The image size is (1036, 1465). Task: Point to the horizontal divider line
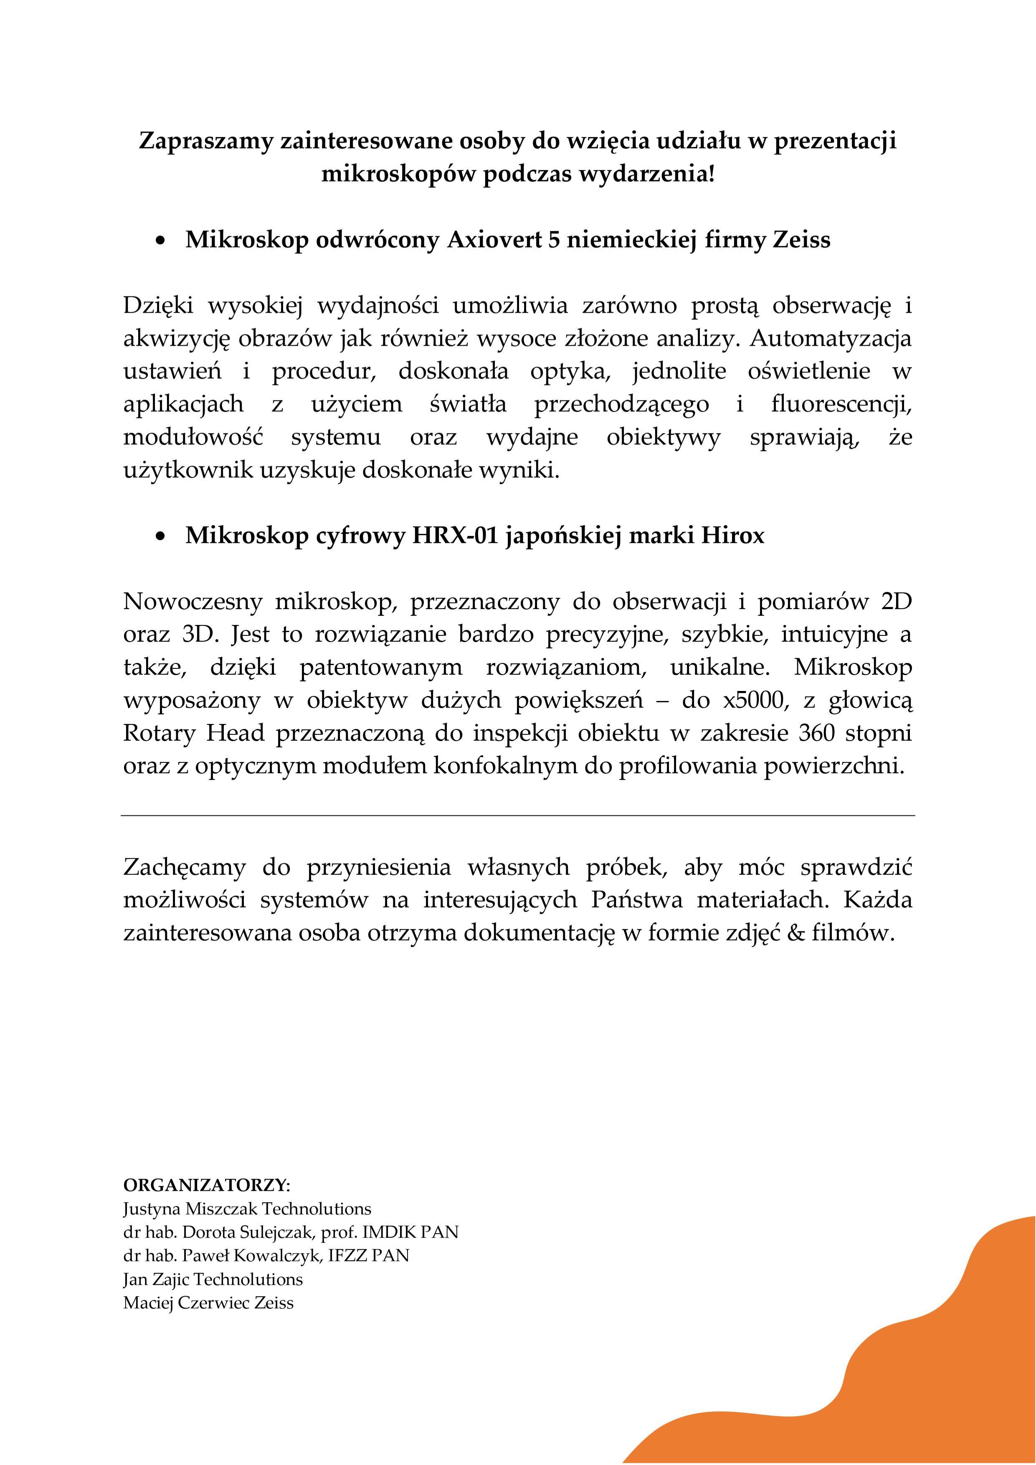click(518, 815)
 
